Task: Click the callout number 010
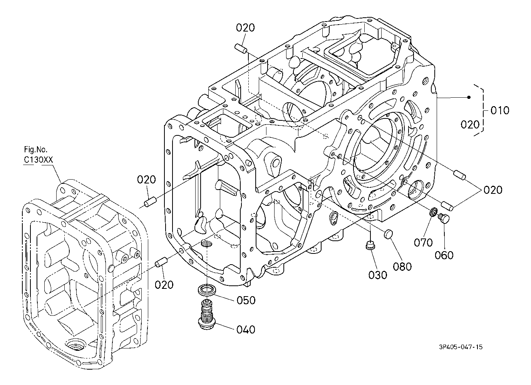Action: [500, 110]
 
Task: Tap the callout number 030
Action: [378, 275]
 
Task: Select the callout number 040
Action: [246, 329]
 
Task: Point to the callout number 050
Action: [246, 300]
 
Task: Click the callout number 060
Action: [444, 255]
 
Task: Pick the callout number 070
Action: [424, 242]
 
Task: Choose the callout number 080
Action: [402, 267]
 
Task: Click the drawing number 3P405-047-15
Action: [461, 347]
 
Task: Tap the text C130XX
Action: [39, 160]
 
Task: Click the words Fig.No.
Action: [36, 149]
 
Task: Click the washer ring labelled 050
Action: [207, 290]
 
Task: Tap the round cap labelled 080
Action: [388, 234]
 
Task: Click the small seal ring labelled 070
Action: [433, 212]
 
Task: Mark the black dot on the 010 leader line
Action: [469, 97]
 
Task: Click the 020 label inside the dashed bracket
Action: [470, 124]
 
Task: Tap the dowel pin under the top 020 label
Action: [241, 48]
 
